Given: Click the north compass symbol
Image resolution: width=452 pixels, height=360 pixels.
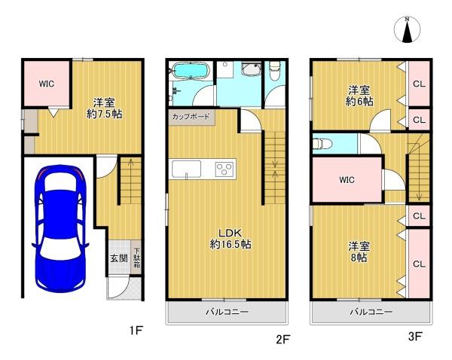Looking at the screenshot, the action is [x=407, y=29].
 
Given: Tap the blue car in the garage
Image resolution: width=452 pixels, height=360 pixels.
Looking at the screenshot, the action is [x=60, y=228].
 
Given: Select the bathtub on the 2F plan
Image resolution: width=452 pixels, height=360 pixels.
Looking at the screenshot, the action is [x=191, y=70].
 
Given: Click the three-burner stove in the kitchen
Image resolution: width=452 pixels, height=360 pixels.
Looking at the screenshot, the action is [x=224, y=169].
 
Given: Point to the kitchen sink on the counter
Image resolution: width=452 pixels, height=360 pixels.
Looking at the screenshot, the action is [x=187, y=169].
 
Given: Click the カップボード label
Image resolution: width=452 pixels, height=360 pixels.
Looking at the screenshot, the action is [x=191, y=117].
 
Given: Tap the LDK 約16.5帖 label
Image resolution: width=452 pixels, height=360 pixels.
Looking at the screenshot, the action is [x=230, y=238].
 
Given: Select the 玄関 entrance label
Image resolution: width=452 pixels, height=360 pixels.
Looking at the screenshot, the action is [x=119, y=258].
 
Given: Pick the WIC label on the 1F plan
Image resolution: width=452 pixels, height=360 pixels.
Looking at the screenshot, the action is [x=47, y=84].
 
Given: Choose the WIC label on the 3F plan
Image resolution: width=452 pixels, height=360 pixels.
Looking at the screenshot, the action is [x=347, y=180].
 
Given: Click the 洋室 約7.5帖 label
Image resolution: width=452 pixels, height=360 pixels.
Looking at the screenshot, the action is [x=105, y=108].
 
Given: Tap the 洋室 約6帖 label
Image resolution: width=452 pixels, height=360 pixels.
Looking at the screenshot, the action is [x=359, y=96].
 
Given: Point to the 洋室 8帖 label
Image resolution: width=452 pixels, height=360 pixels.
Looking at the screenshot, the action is [x=359, y=252].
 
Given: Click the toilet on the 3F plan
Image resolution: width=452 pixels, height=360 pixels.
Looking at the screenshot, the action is [x=323, y=143].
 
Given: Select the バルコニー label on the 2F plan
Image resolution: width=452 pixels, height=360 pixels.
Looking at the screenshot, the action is [x=227, y=312].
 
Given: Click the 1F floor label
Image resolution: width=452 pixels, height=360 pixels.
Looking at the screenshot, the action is [x=136, y=330].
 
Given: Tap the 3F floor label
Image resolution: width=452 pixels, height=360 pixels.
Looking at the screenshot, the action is [x=415, y=337].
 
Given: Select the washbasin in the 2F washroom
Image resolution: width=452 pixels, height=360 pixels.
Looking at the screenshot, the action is [x=252, y=69].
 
